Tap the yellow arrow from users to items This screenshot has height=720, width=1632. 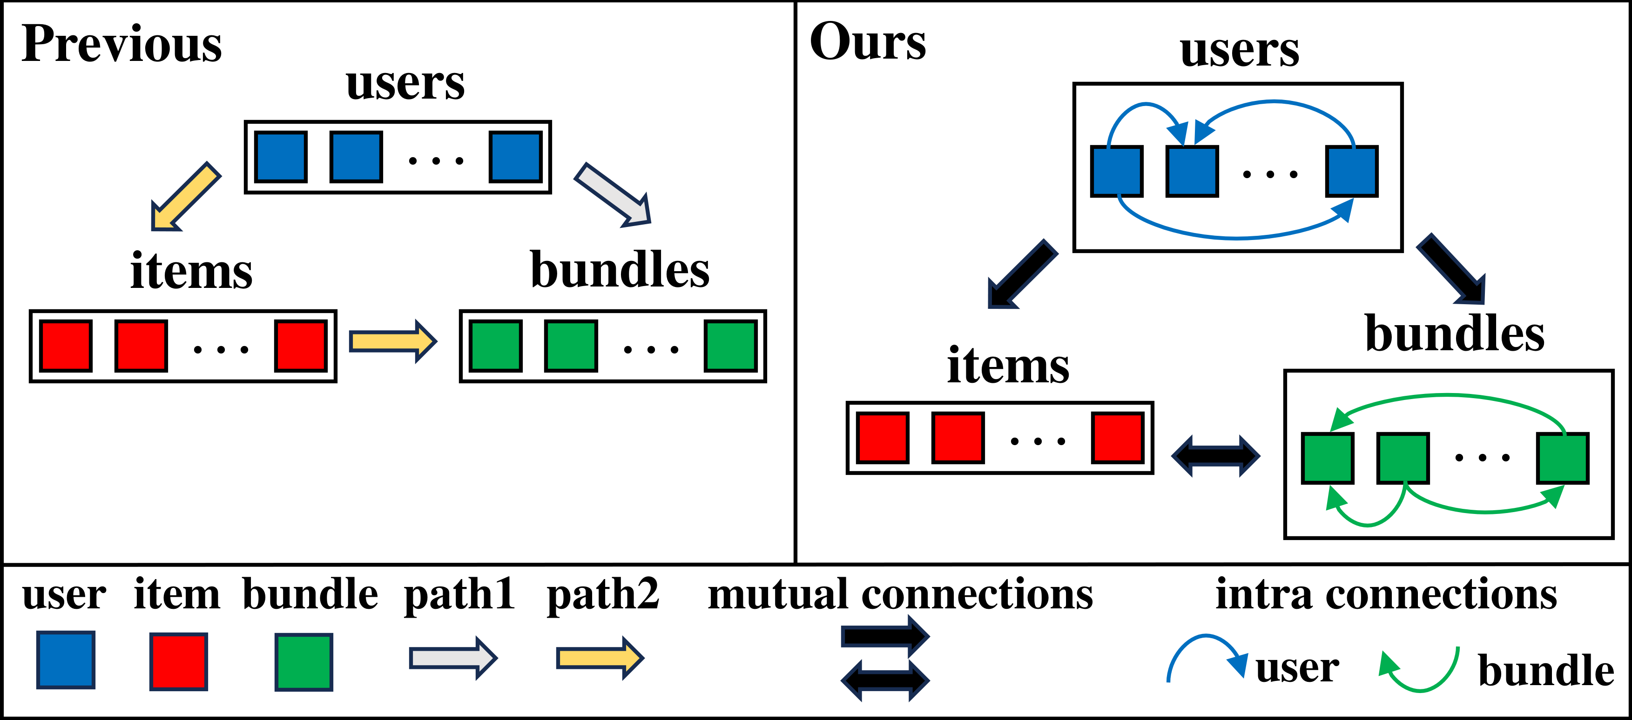click(186, 196)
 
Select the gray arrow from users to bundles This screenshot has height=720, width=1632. click(613, 194)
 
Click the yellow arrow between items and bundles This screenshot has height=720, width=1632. click(393, 341)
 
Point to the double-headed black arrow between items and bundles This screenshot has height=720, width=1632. click(1215, 455)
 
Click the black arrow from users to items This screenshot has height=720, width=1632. click(1023, 273)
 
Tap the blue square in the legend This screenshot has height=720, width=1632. click(66, 660)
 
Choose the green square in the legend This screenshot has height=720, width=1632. click(304, 662)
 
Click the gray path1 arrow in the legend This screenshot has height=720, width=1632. click(453, 658)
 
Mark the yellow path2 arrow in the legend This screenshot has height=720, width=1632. click(600, 658)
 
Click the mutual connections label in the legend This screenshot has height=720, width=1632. click(900, 594)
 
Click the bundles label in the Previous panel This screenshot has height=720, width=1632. click(620, 270)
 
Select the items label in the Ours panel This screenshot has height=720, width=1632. click(1008, 366)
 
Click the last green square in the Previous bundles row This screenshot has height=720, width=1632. click(730, 346)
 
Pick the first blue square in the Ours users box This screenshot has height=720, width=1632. click(1116, 171)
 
